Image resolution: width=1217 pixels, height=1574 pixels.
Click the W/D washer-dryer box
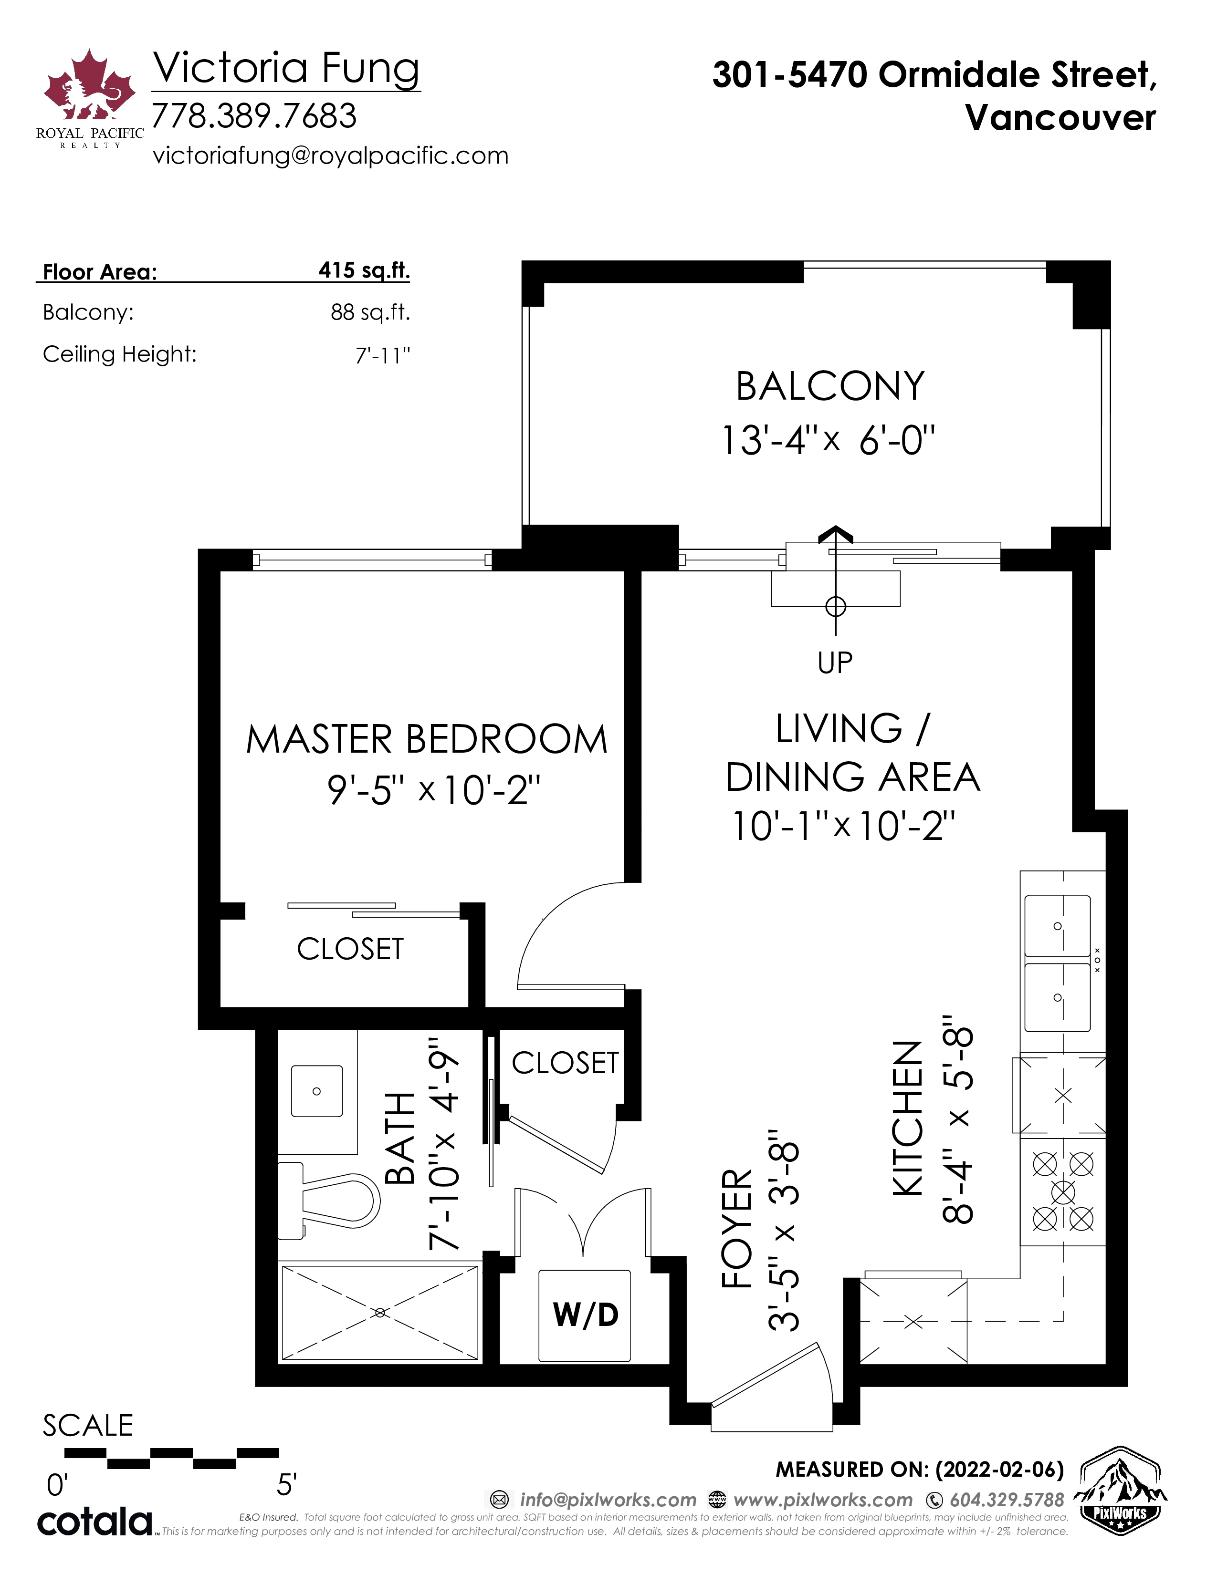585,1315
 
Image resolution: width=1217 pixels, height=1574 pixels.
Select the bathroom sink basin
316,1091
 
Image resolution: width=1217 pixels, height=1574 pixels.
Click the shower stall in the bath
380,1313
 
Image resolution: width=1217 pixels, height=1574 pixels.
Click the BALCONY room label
830,386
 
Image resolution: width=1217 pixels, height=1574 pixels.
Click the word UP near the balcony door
835,663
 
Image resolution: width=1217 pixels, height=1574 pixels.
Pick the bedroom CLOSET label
350,949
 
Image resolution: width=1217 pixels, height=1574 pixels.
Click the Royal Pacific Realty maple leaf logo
89,85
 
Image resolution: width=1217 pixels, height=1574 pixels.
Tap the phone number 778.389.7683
254,116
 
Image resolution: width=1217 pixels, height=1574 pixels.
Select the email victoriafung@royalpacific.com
330,155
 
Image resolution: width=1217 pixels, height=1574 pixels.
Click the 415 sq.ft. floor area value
364,271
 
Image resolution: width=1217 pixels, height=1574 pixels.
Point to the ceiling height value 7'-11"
383,355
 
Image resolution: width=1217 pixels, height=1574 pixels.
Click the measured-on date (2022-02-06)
999,1470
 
